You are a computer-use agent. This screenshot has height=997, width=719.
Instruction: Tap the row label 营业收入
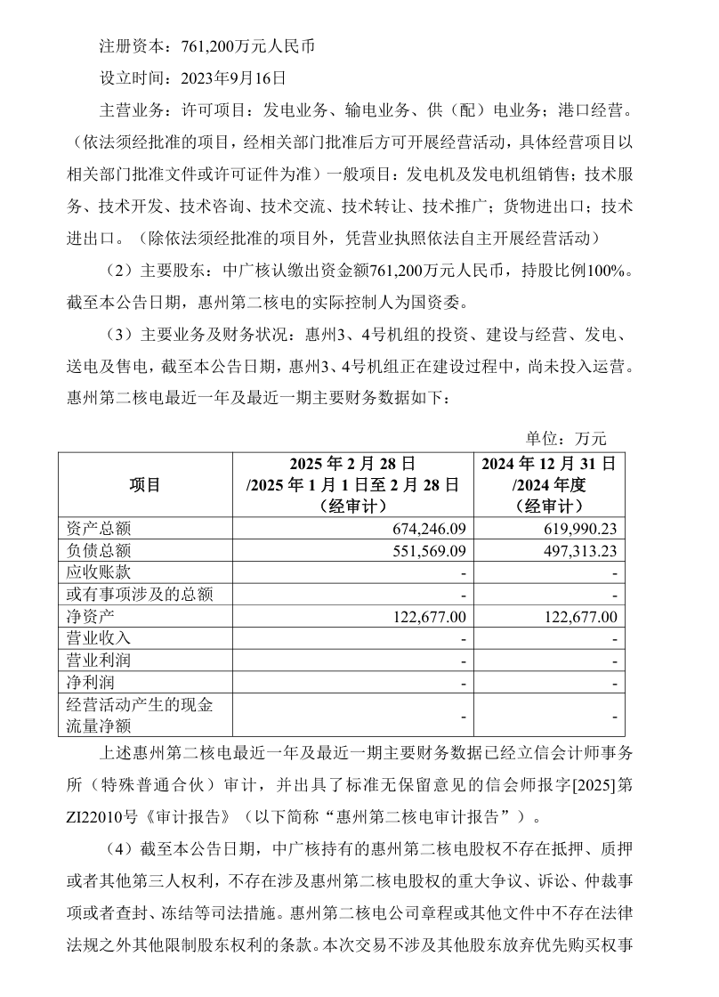point(99,638)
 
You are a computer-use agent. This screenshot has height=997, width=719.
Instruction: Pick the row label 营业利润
point(99,660)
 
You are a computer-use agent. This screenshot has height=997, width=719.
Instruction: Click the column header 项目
point(145,485)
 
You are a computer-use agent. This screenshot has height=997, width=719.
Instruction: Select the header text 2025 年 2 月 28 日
point(353,464)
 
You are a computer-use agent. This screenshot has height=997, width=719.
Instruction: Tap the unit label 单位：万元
point(566,438)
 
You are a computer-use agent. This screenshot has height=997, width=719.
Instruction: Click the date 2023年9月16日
point(233,77)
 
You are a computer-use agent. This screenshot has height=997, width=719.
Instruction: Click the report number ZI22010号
point(101,816)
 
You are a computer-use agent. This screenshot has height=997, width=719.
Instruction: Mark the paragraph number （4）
point(120,849)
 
